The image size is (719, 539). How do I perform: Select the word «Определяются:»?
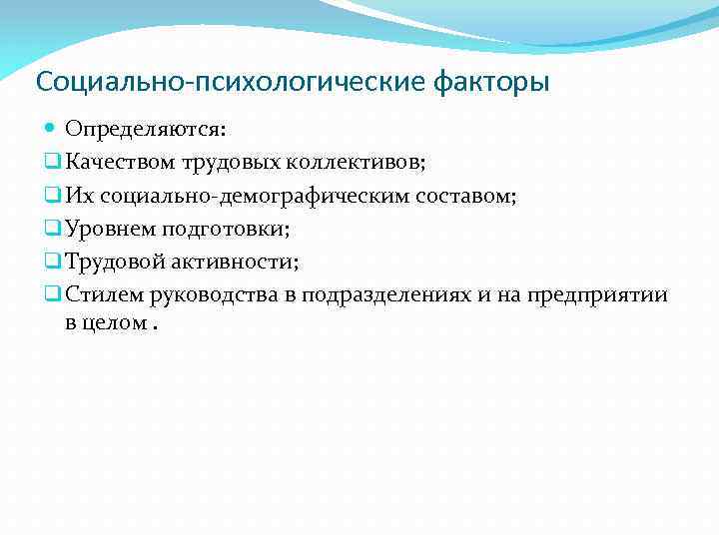tap(146, 130)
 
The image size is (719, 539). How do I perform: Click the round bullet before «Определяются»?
tap(51, 130)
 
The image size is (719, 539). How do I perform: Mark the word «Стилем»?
tap(101, 295)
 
